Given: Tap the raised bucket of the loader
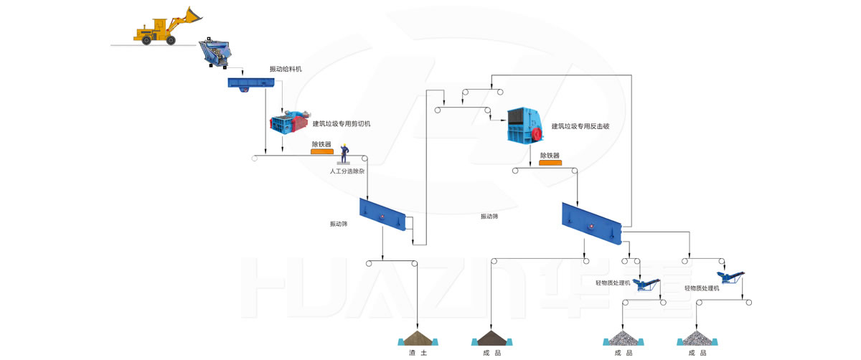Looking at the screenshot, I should (x=193, y=14).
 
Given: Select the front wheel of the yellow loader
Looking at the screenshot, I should (x=171, y=39).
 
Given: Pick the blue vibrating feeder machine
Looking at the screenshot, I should (x=251, y=83).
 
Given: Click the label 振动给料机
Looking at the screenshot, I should (x=286, y=69).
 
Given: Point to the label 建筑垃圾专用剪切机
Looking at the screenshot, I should (x=342, y=124).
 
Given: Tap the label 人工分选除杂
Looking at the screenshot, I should (x=347, y=171).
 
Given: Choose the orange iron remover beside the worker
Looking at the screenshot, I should (x=322, y=151).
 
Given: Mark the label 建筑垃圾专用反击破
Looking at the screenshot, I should (x=580, y=126).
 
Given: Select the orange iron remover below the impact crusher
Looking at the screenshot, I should (x=550, y=163).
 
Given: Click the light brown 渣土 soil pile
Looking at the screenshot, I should (x=418, y=338).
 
